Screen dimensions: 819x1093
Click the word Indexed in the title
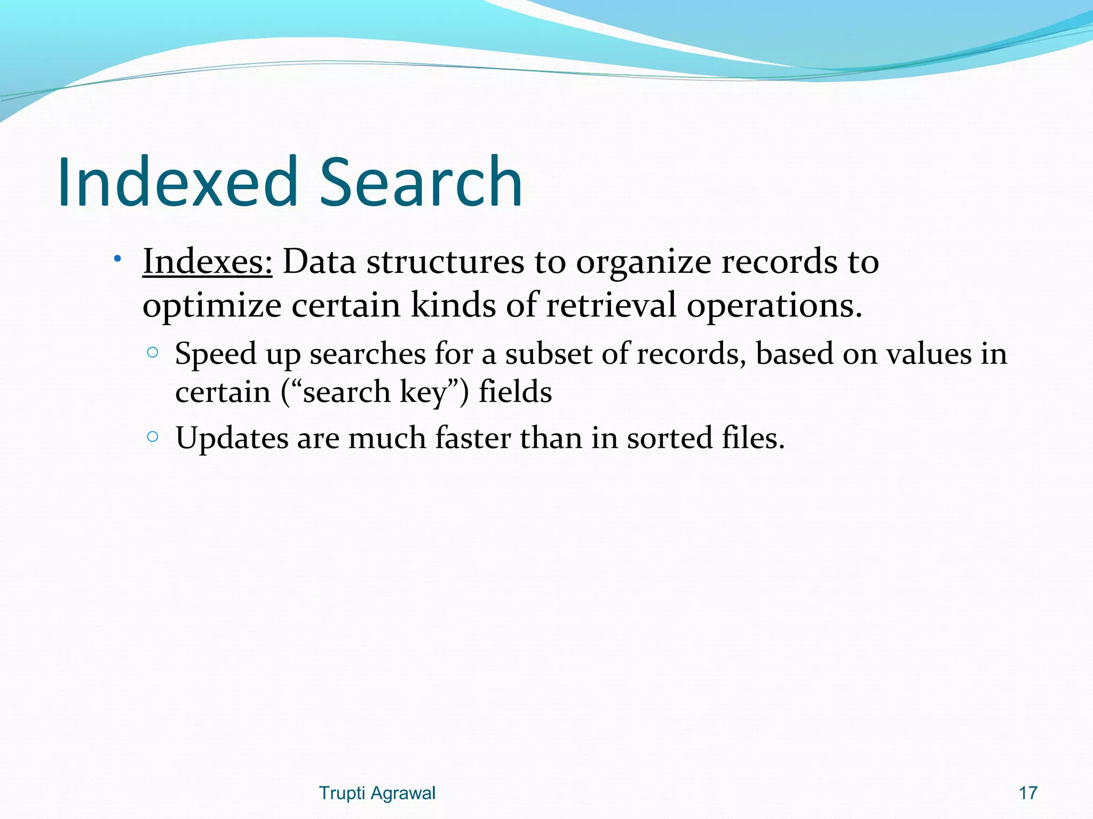tap(177, 182)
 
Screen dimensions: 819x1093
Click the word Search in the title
tap(420, 182)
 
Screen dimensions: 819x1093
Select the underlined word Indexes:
tap(207, 262)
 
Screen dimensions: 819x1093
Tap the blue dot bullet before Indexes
tap(117, 259)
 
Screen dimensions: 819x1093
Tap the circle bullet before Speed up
tap(153, 352)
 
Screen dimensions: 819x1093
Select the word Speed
tap(216, 355)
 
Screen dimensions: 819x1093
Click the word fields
tap(515, 392)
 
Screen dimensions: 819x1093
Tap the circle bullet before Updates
tap(153, 437)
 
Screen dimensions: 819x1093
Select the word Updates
tap(232, 439)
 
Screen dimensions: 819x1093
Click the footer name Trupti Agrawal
tap(377, 793)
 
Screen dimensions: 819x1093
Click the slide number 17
tap(1028, 793)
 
